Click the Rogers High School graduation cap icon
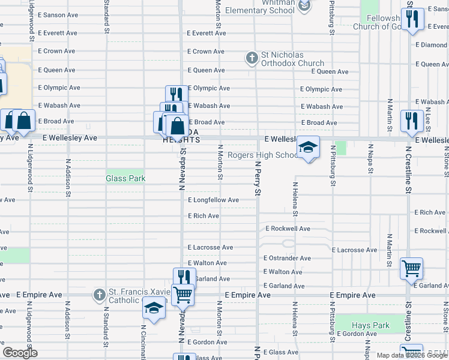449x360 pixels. click(x=308, y=147)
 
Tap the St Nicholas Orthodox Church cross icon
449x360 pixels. click(x=252, y=58)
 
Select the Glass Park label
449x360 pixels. click(x=125, y=178)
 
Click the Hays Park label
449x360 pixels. click(x=370, y=325)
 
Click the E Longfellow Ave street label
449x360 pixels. click(x=213, y=200)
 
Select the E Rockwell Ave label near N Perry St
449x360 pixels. click(x=288, y=229)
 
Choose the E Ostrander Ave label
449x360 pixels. click(x=288, y=258)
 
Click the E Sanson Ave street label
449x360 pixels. click(x=58, y=14)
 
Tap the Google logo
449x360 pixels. click(x=20, y=353)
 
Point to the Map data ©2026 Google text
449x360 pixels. click(x=412, y=355)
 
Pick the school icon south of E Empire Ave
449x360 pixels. click(x=154, y=308)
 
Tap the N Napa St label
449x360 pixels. click(x=369, y=159)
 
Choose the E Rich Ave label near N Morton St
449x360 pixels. click(x=203, y=215)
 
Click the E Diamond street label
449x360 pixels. click(x=432, y=45)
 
